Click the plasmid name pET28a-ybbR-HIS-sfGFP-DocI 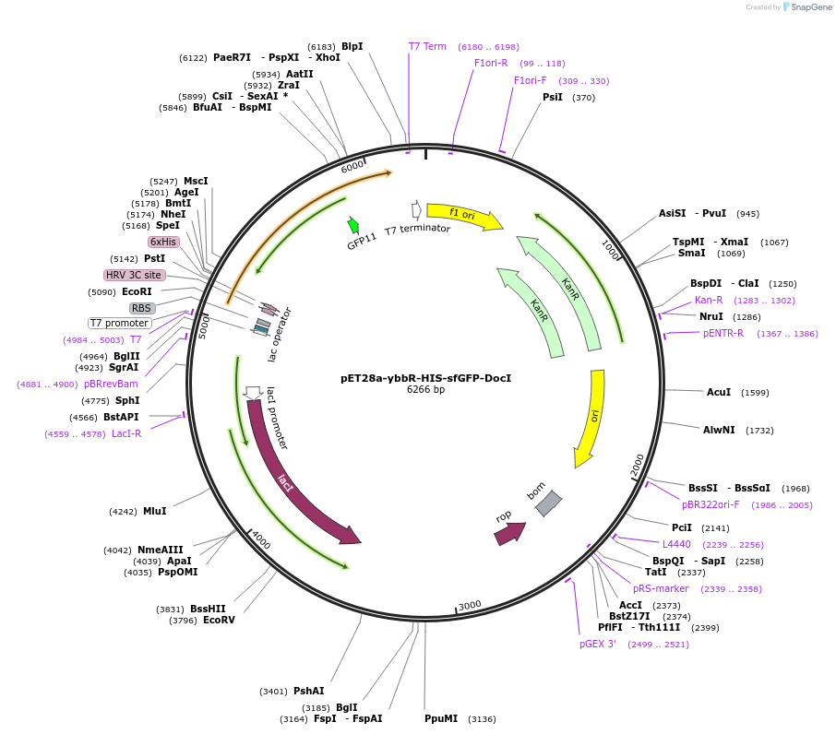pyautogui.click(x=425, y=378)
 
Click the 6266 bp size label pyautogui.click(x=425, y=390)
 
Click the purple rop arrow pyautogui.click(x=509, y=532)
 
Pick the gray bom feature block pyautogui.click(x=548, y=503)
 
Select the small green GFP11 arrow pyautogui.click(x=353, y=226)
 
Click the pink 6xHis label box pyautogui.click(x=163, y=242)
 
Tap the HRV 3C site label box pyautogui.click(x=134, y=275)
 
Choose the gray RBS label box pyautogui.click(x=141, y=308)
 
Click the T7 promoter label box pyautogui.click(x=119, y=323)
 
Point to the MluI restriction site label pyautogui.click(x=154, y=511)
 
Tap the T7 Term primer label pyautogui.click(x=427, y=46)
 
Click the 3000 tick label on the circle pyautogui.click(x=470, y=605)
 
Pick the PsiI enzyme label pyautogui.click(x=552, y=97)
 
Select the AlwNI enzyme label pyautogui.click(x=719, y=430)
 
